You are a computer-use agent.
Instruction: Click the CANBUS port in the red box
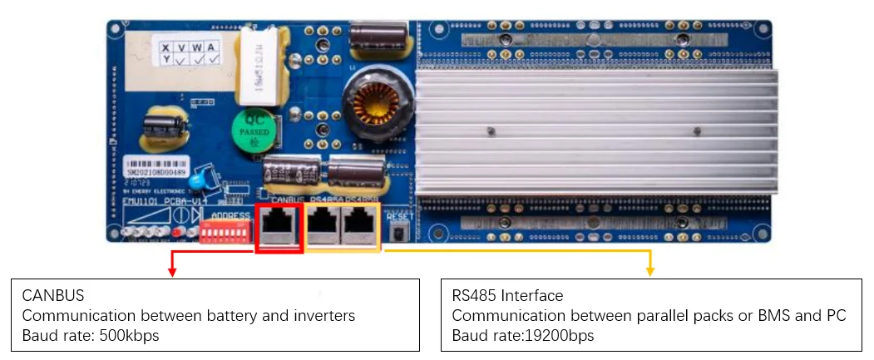point(279,225)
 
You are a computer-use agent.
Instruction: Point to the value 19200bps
point(556,335)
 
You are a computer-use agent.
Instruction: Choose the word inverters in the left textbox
point(325,315)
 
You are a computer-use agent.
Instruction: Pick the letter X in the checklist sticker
point(167,47)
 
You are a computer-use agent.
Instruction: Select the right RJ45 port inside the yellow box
point(359,225)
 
